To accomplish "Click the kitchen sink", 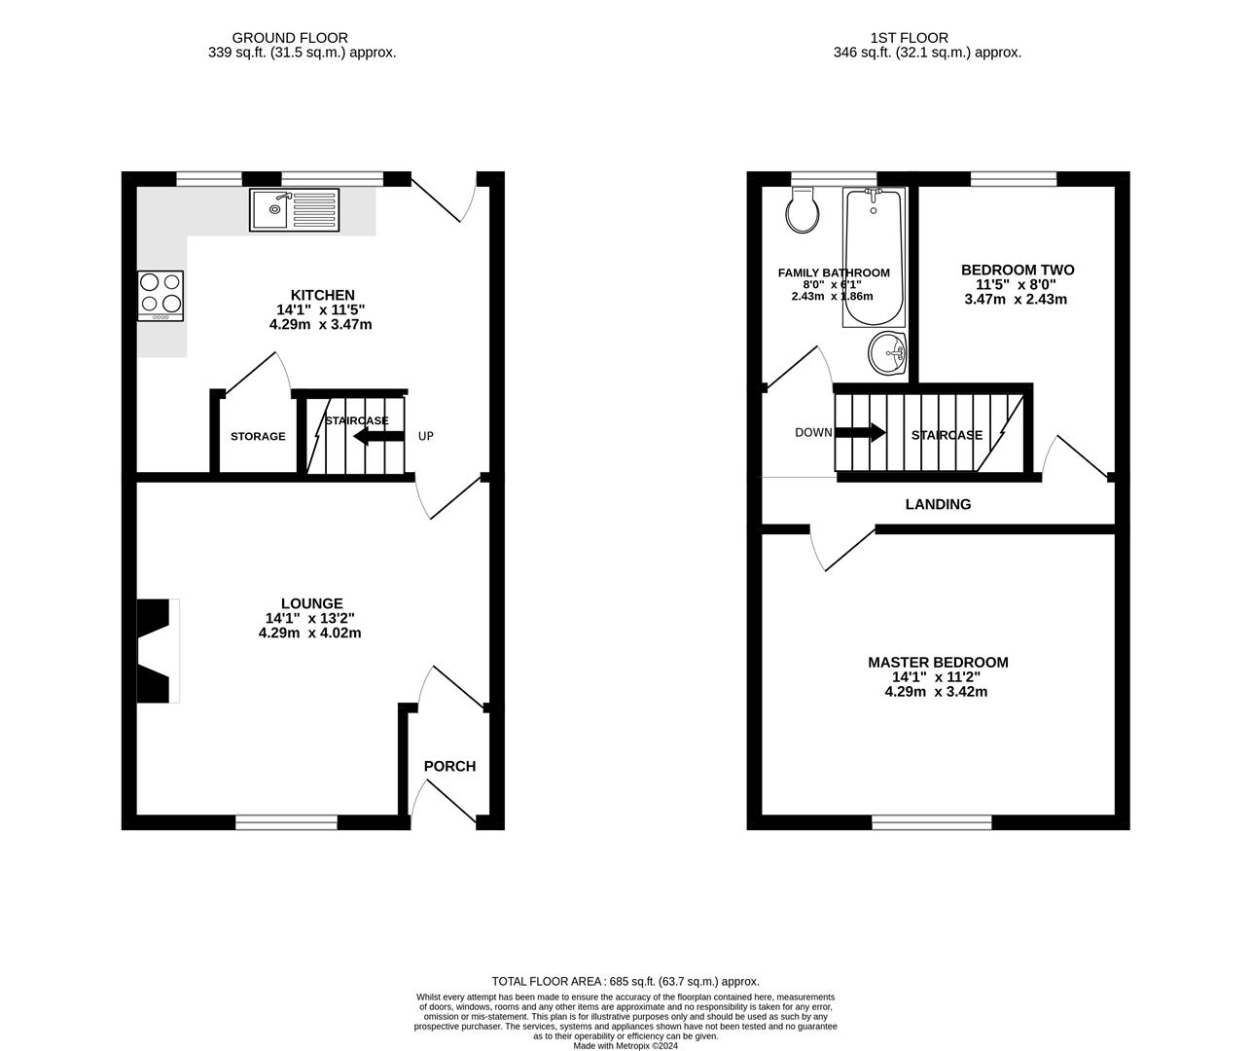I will point(294,209).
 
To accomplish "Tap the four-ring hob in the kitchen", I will point(161,295).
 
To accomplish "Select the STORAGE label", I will point(258,436).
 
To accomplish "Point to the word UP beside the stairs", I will point(426,436).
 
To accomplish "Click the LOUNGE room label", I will point(311,603).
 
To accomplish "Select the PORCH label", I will point(450,766).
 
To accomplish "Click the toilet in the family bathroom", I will point(803,210).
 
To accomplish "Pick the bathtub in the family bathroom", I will point(873,257).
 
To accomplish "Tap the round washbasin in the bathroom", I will point(887,352).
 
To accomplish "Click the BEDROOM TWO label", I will point(1018,270).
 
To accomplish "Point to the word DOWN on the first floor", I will point(813,432).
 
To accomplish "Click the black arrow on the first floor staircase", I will point(861,432).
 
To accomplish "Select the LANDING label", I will point(938,504).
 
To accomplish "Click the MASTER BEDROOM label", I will point(938,662).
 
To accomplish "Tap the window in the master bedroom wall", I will point(932,823).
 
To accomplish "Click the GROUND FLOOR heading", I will point(303,38).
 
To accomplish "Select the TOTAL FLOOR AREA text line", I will point(625,982).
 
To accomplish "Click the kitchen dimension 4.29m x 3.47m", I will point(321,324).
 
